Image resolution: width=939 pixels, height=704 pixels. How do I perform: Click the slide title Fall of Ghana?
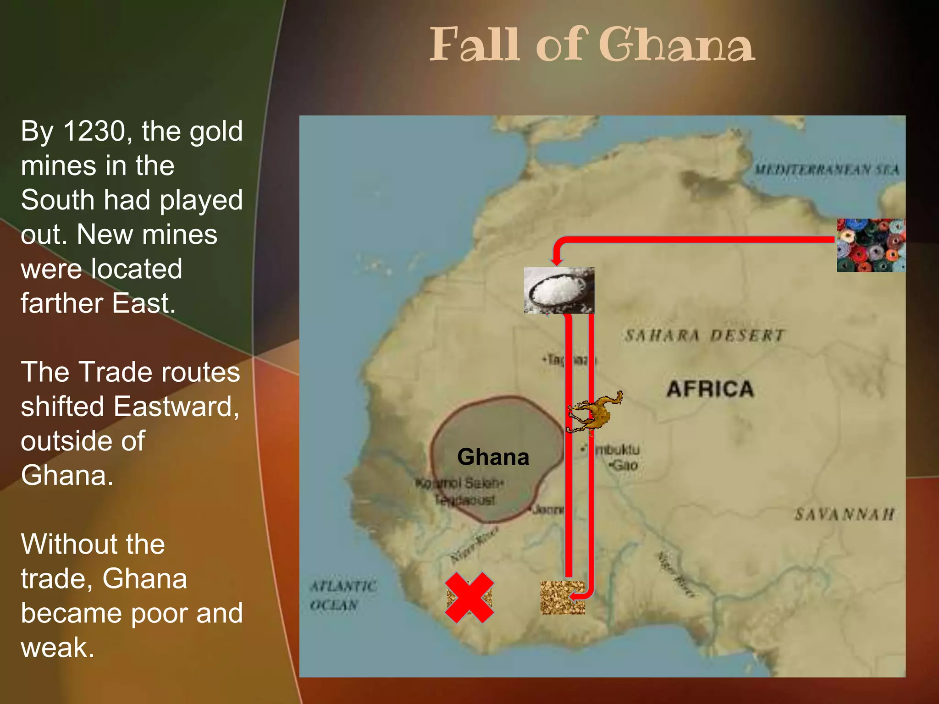[x=592, y=45]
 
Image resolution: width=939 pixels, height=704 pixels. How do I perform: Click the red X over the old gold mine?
[x=469, y=597]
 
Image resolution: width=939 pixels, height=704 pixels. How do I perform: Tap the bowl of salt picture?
[x=559, y=291]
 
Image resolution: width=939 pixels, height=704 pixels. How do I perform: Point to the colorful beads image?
[x=871, y=246]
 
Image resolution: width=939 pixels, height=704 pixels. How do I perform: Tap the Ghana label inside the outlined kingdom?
[x=493, y=457]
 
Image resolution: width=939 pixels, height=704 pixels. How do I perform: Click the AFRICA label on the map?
[x=710, y=389]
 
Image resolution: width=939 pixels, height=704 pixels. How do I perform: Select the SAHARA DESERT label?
[x=704, y=335]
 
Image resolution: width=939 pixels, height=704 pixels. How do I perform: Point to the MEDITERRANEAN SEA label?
[x=827, y=170]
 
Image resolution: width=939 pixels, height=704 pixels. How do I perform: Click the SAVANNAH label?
[x=844, y=514]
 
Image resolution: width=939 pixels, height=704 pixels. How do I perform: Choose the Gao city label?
[x=624, y=466]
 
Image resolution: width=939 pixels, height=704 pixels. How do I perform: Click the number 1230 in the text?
[x=94, y=131]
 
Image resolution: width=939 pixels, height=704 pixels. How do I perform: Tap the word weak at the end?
[x=57, y=648]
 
